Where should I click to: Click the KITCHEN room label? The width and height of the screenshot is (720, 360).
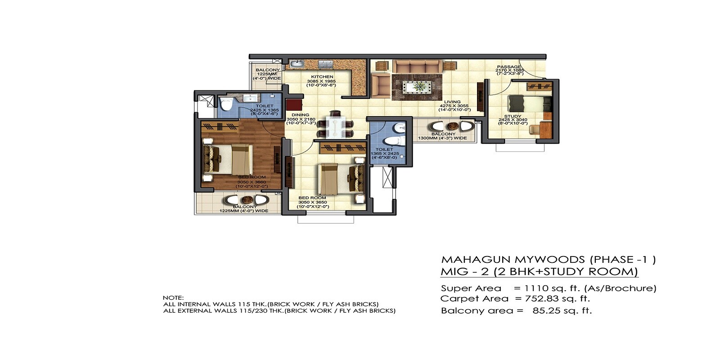pyautogui.click(x=322, y=77)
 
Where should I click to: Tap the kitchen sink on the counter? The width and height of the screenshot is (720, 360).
pyautogui.click(x=297, y=64)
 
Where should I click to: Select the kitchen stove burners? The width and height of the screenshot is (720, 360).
pyautogui.click(x=324, y=64)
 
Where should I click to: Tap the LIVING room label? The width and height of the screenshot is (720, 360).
pyautogui.click(x=452, y=102)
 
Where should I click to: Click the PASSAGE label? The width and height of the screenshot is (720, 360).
pyautogui.click(x=509, y=67)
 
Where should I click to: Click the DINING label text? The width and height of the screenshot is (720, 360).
pyautogui.click(x=300, y=115)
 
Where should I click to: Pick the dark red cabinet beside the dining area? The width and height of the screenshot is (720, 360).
pyautogui.click(x=294, y=105)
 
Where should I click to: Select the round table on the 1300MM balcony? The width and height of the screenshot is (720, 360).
pyautogui.click(x=452, y=126)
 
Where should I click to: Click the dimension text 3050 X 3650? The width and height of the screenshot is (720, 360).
pyautogui.click(x=312, y=202)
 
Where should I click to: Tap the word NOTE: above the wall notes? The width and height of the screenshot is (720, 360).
pyautogui.click(x=173, y=297)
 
